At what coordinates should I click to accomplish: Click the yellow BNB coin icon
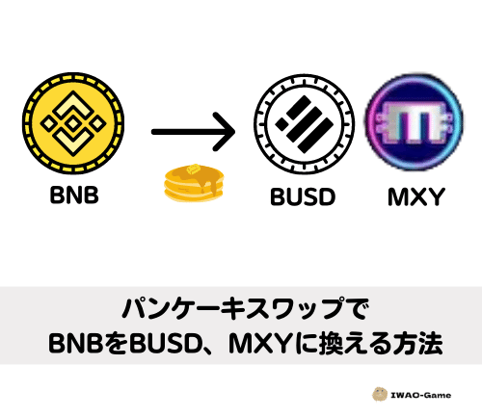click(73, 123)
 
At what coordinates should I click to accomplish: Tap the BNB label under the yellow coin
click(74, 195)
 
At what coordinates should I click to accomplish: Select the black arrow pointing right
click(193, 132)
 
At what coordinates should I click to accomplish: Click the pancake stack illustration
click(194, 183)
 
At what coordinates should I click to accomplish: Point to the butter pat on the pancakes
click(193, 169)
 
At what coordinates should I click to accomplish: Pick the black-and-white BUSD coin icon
click(305, 124)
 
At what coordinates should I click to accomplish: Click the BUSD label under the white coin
click(303, 196)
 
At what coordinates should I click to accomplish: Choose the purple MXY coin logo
click(414, 122)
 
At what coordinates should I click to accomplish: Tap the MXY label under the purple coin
click(416, 196)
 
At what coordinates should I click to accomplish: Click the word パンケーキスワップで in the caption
click(245, 309)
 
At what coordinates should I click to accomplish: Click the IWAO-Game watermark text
click(420, 395)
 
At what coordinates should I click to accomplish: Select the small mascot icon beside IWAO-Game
click(380, 394)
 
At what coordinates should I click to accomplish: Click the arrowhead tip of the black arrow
click(234, 132)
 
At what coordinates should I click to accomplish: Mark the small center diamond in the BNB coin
click(73, 124)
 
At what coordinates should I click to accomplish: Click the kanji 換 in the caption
click(328, 343)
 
